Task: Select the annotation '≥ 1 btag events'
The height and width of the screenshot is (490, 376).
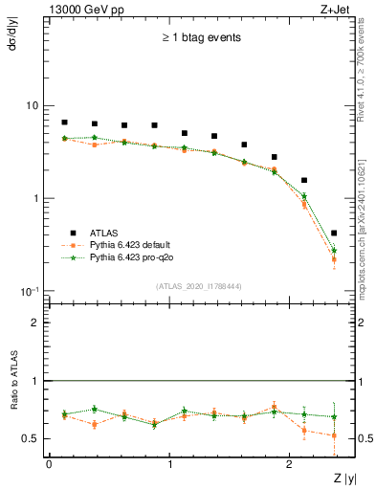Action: [x=200, y=38]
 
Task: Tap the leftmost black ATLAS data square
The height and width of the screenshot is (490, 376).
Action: [x=64, y=122]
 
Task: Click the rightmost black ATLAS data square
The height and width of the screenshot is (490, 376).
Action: [x=333, y=233]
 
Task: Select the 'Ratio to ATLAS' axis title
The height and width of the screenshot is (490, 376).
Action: [x=11, y=409]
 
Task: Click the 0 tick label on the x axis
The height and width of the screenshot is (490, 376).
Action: [x=49, y=464]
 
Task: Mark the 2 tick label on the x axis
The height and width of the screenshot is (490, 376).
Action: [x=289, y=464]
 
